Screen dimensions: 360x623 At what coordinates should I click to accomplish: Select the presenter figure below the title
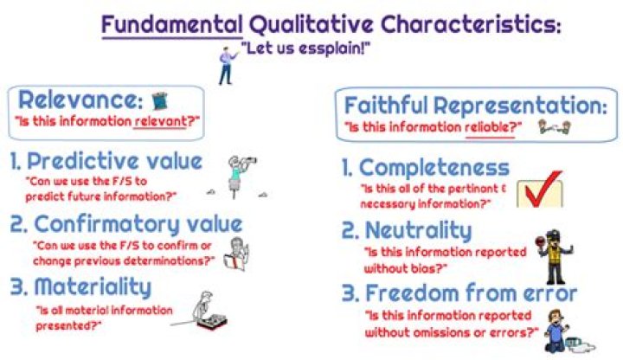(228, 65)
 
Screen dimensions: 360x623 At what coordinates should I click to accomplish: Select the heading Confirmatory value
(125, 225)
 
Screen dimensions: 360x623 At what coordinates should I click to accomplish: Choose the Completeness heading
(433, 166)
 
